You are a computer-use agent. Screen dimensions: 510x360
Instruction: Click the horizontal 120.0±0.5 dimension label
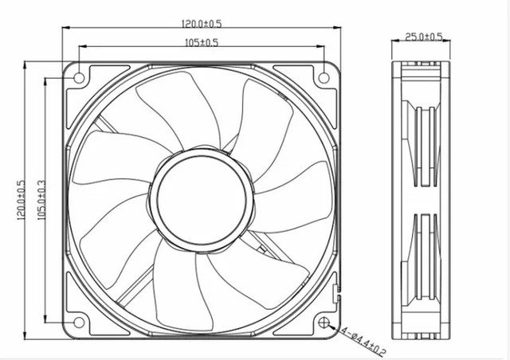coord(202,23)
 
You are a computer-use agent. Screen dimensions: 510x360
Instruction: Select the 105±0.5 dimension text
coord(202,42)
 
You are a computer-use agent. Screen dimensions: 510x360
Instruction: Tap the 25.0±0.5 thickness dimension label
coord(423,37)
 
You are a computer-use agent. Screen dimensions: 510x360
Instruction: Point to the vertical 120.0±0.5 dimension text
coord(21,200)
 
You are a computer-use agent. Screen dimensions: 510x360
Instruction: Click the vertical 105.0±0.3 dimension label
coord(41,200)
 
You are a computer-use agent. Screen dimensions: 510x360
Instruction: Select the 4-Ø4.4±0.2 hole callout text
coord(363,341)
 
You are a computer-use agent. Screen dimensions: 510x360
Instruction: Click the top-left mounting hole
coord(80,78)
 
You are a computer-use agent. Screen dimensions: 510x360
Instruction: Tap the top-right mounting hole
coord(324,78)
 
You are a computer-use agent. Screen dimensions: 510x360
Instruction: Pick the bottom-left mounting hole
coord(79,323)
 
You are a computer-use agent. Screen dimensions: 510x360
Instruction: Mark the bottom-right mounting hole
coord(324,323)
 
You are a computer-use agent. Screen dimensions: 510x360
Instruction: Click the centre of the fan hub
coord(202,200)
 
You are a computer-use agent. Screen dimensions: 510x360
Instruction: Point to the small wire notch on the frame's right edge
coord(336,293)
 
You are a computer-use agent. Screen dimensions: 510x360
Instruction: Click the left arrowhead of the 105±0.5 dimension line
coord(82,47)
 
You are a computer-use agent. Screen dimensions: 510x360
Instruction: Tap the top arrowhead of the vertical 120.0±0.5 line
coord(25,65)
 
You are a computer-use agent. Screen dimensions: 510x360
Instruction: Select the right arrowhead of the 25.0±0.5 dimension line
coord(447,41)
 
